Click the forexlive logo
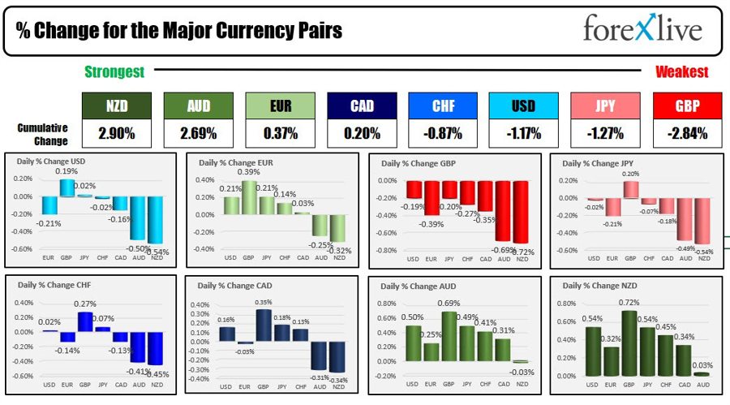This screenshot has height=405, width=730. click(642, 30)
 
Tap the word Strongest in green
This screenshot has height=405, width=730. click(114, 72)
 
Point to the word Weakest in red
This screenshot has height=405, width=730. click(681, 72)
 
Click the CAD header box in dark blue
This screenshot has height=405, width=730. click(362, 106)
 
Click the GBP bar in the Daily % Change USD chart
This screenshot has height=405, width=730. click(67, 187)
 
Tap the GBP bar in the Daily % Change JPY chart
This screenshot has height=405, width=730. click(630, 189)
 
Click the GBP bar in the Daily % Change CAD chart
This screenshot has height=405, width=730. click(262, 325)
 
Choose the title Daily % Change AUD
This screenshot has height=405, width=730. click(415, 287)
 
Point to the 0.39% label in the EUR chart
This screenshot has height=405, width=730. click(249, 172)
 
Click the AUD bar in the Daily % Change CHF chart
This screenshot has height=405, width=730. click(138, 347)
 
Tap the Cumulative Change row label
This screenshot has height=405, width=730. click(41, 133)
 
